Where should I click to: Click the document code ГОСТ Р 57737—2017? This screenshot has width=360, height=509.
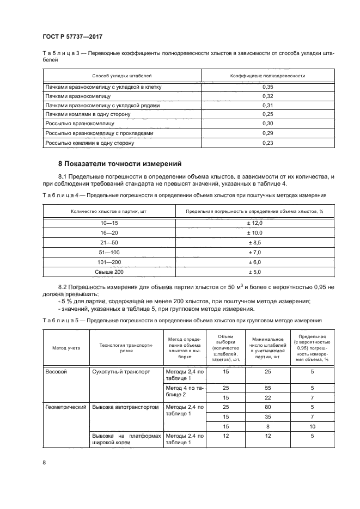pyautogui.click(x=73, y=36)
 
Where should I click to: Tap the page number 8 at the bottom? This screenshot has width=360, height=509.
pyautogui.click(x=44, y=462)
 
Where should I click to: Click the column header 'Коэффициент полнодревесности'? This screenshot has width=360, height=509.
pyautogui.click(x=267, y=76)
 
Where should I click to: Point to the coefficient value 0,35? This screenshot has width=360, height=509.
pyautogui.click(x=267, y=87)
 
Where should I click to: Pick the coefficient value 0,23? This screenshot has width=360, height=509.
pyautogui.click(x=267, y=143)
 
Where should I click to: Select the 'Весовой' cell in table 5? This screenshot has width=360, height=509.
pyautogui.click(x=58, y=371)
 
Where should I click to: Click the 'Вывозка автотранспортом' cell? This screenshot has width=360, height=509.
pyautogui.click(x=125, y=407)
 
